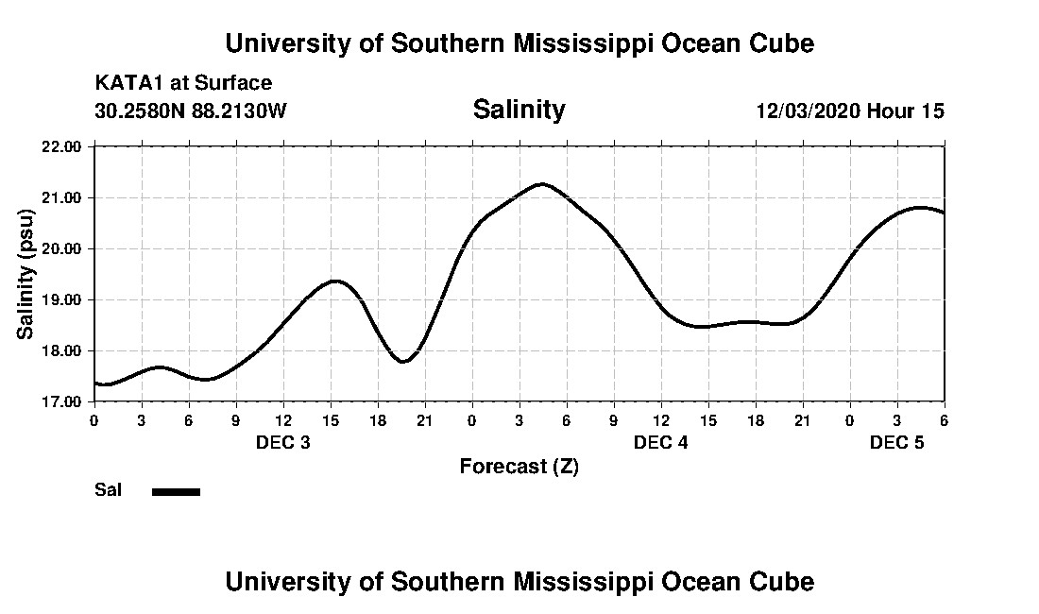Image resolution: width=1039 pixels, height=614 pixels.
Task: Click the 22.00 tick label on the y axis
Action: coord(63,146)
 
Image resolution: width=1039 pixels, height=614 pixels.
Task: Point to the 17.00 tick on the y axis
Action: coord(63,401)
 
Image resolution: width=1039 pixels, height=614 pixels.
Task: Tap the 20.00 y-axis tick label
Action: coord(63,248)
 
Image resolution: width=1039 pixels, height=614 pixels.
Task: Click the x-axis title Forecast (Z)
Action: coord(519,466)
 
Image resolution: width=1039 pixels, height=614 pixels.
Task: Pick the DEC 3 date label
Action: coord(283,442)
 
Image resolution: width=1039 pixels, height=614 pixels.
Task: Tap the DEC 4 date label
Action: coord(661,442)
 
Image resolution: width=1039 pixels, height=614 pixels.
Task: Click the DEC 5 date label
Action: coord(897,442)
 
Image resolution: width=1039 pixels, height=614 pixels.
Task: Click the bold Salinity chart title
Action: coord(519,110)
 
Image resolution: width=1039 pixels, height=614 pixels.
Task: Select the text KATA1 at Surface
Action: coord(183,83)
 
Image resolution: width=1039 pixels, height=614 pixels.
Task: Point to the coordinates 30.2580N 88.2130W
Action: coord(191,111)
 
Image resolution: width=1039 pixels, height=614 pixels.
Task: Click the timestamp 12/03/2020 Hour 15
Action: coord(850,111)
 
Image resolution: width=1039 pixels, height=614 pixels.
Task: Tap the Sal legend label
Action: coord(108,490)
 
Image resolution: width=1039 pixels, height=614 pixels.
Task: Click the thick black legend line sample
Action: coord(177,491)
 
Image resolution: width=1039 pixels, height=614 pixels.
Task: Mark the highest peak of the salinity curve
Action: coord(541,183)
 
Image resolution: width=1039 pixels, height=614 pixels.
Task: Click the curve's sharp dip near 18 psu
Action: coord(403,361)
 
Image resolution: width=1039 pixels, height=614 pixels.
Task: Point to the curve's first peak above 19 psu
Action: coord(334,281)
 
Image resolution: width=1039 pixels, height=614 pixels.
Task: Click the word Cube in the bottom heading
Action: coord(786,581)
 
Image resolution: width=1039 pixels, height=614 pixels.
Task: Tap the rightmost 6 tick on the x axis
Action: coord(944,419)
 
